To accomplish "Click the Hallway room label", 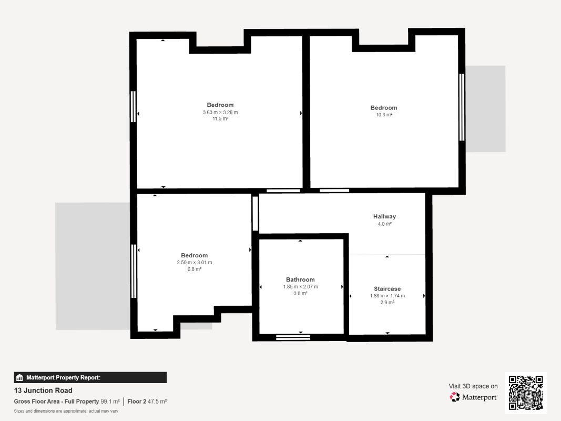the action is coord(384,216).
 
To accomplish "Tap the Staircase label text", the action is coord(387,288).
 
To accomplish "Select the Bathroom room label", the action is coord(300,279).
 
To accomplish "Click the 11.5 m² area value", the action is coord(220,118).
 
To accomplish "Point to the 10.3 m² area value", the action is coord(383,115).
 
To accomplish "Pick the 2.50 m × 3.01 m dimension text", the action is coord(195,263).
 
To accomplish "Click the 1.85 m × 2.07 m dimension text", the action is coord(300,287).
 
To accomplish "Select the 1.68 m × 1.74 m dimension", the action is coord(387,296).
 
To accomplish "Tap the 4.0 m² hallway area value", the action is coord(384,224).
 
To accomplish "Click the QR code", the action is coord(526,393).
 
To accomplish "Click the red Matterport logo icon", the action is coord(454,397).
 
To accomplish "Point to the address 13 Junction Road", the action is coord(43,390).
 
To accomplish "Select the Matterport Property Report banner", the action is coord(90,377).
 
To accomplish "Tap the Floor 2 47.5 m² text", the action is coord(147,402).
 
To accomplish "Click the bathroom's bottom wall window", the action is coord(293,337).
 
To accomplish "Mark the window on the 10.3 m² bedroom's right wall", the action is coord(462,107).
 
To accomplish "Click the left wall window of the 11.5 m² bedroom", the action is coord(133,106).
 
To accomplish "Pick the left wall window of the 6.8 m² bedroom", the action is coord(134,271).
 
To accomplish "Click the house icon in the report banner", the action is coord(19,377).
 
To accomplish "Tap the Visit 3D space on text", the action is coord(473,386).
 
